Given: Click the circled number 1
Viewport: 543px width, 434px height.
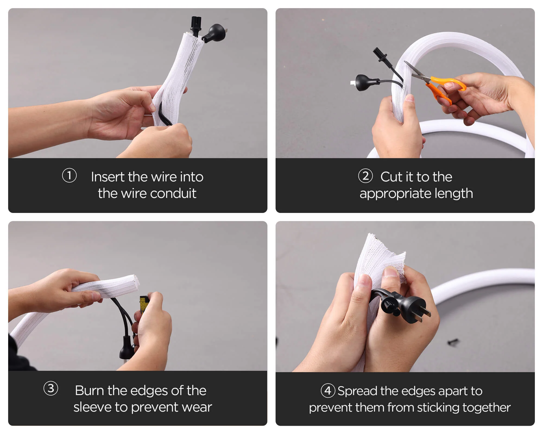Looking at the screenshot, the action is point(69,175).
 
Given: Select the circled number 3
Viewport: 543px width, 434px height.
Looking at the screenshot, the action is point(51,388).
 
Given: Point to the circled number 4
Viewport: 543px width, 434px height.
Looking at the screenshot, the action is point(328,391).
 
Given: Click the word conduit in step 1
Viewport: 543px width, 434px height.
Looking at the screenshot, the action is point(173,193).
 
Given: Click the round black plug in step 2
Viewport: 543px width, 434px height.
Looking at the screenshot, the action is point(364,82).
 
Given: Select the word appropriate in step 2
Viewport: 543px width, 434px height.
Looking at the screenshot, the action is point(395,194).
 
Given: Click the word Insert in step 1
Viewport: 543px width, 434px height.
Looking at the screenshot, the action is point(108,177).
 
